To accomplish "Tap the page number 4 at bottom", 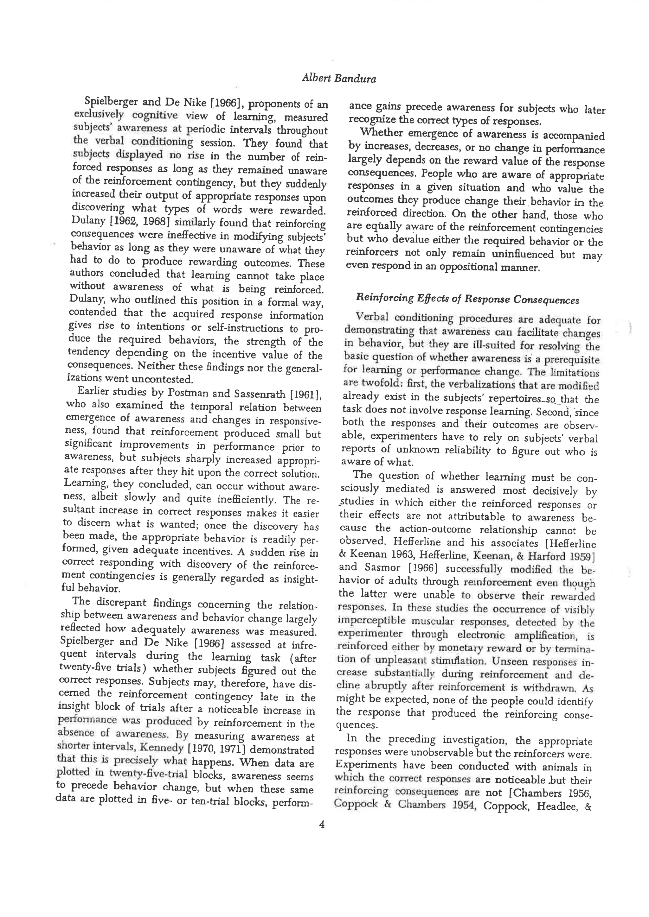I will click(322, 824).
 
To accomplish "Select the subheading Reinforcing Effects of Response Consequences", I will click(467, 299).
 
